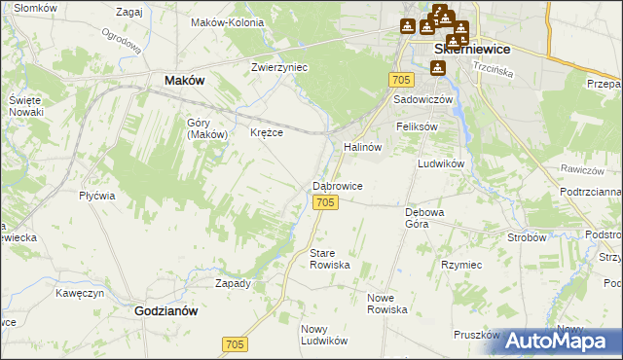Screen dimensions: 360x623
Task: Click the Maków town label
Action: (x=184, y=81)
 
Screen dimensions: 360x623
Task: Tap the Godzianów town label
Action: (x=165, y=311)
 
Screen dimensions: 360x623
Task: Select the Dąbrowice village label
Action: (x=338, y=185)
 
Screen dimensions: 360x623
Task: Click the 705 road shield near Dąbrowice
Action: (x=326, y=201)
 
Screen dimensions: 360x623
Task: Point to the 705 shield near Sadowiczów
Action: (x=398, y=78)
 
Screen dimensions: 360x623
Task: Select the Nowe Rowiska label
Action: (x=386, y=303)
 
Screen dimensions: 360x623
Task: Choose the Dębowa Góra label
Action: (x=423, y=216)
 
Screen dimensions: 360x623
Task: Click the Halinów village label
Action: (x=361, y=146)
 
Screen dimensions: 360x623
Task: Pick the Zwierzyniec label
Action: (x=279, y=68)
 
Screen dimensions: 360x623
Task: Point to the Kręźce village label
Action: (x=267, y=132)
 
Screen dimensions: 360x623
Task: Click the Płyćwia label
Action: (x=97, y=195)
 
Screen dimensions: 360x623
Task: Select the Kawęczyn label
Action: (x=80, y=292)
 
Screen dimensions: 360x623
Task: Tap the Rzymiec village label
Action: (x=461, y=265)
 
